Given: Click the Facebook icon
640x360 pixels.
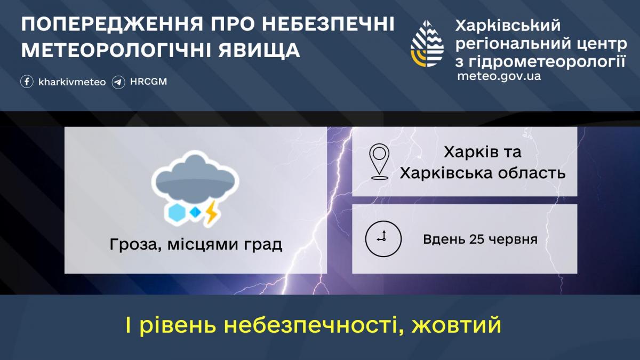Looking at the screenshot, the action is pos(27,82).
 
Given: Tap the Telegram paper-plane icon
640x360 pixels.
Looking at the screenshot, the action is pos(118,82).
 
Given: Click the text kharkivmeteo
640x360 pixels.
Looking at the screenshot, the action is pos(72,82).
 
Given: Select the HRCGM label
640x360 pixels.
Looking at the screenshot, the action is pos(149,82).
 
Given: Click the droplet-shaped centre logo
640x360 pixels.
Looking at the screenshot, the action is pos(427,44).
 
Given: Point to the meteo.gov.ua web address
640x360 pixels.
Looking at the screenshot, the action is pos(499,76).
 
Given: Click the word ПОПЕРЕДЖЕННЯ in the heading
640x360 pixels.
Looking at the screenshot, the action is pos(112,25).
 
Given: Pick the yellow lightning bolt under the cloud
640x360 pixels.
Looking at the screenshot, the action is pos(212,212).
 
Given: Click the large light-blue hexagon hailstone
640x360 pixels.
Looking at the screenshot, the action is pos(177,213).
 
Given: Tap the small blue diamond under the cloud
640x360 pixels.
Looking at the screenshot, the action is pos(196,212).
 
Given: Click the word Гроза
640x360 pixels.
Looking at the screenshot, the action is pos(133,245).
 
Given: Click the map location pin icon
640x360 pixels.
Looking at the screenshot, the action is pos(379,162).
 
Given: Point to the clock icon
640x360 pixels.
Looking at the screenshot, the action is pos(383,238).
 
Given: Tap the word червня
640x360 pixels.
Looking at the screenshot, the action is pos(514,239).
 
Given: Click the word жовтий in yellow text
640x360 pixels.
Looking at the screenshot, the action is pos(457,325).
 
